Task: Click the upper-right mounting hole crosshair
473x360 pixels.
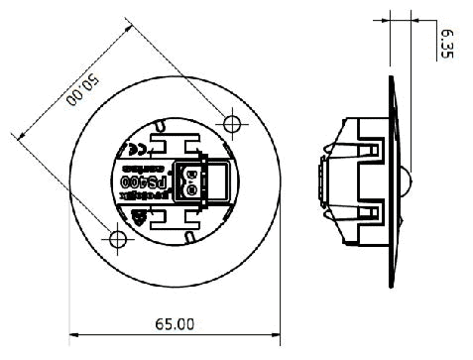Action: point(232,122)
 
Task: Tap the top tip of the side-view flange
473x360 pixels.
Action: point(390,81)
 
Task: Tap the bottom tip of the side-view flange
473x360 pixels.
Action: point(390,288)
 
